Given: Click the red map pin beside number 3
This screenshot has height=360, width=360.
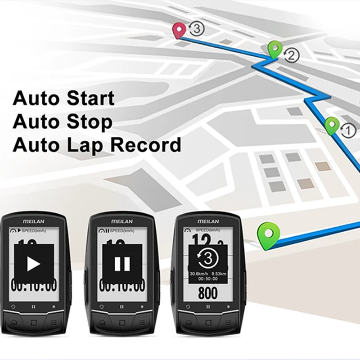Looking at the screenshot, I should click(179, 30).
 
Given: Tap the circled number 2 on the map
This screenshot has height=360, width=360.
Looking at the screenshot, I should click(292, 56).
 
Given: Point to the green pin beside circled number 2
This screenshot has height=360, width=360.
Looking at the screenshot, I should click(274, 49).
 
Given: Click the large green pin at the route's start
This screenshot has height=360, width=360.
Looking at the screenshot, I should click(268, 234).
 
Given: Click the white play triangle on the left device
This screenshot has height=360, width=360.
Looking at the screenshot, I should click(34, 264).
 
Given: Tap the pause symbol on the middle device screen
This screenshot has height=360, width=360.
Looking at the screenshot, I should click(122, 264).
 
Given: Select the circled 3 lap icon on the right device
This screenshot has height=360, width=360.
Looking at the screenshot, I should click(207, 258).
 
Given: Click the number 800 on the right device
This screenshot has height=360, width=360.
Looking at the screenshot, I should click(207, 293).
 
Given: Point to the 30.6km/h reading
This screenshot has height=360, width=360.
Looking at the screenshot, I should click(199, 273).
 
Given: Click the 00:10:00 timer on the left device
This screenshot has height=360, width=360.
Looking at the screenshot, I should click(34, 285).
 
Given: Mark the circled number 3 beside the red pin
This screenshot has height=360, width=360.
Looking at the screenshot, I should click(197, 29).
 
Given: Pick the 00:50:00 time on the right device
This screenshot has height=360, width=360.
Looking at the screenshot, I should click(208, 279).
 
